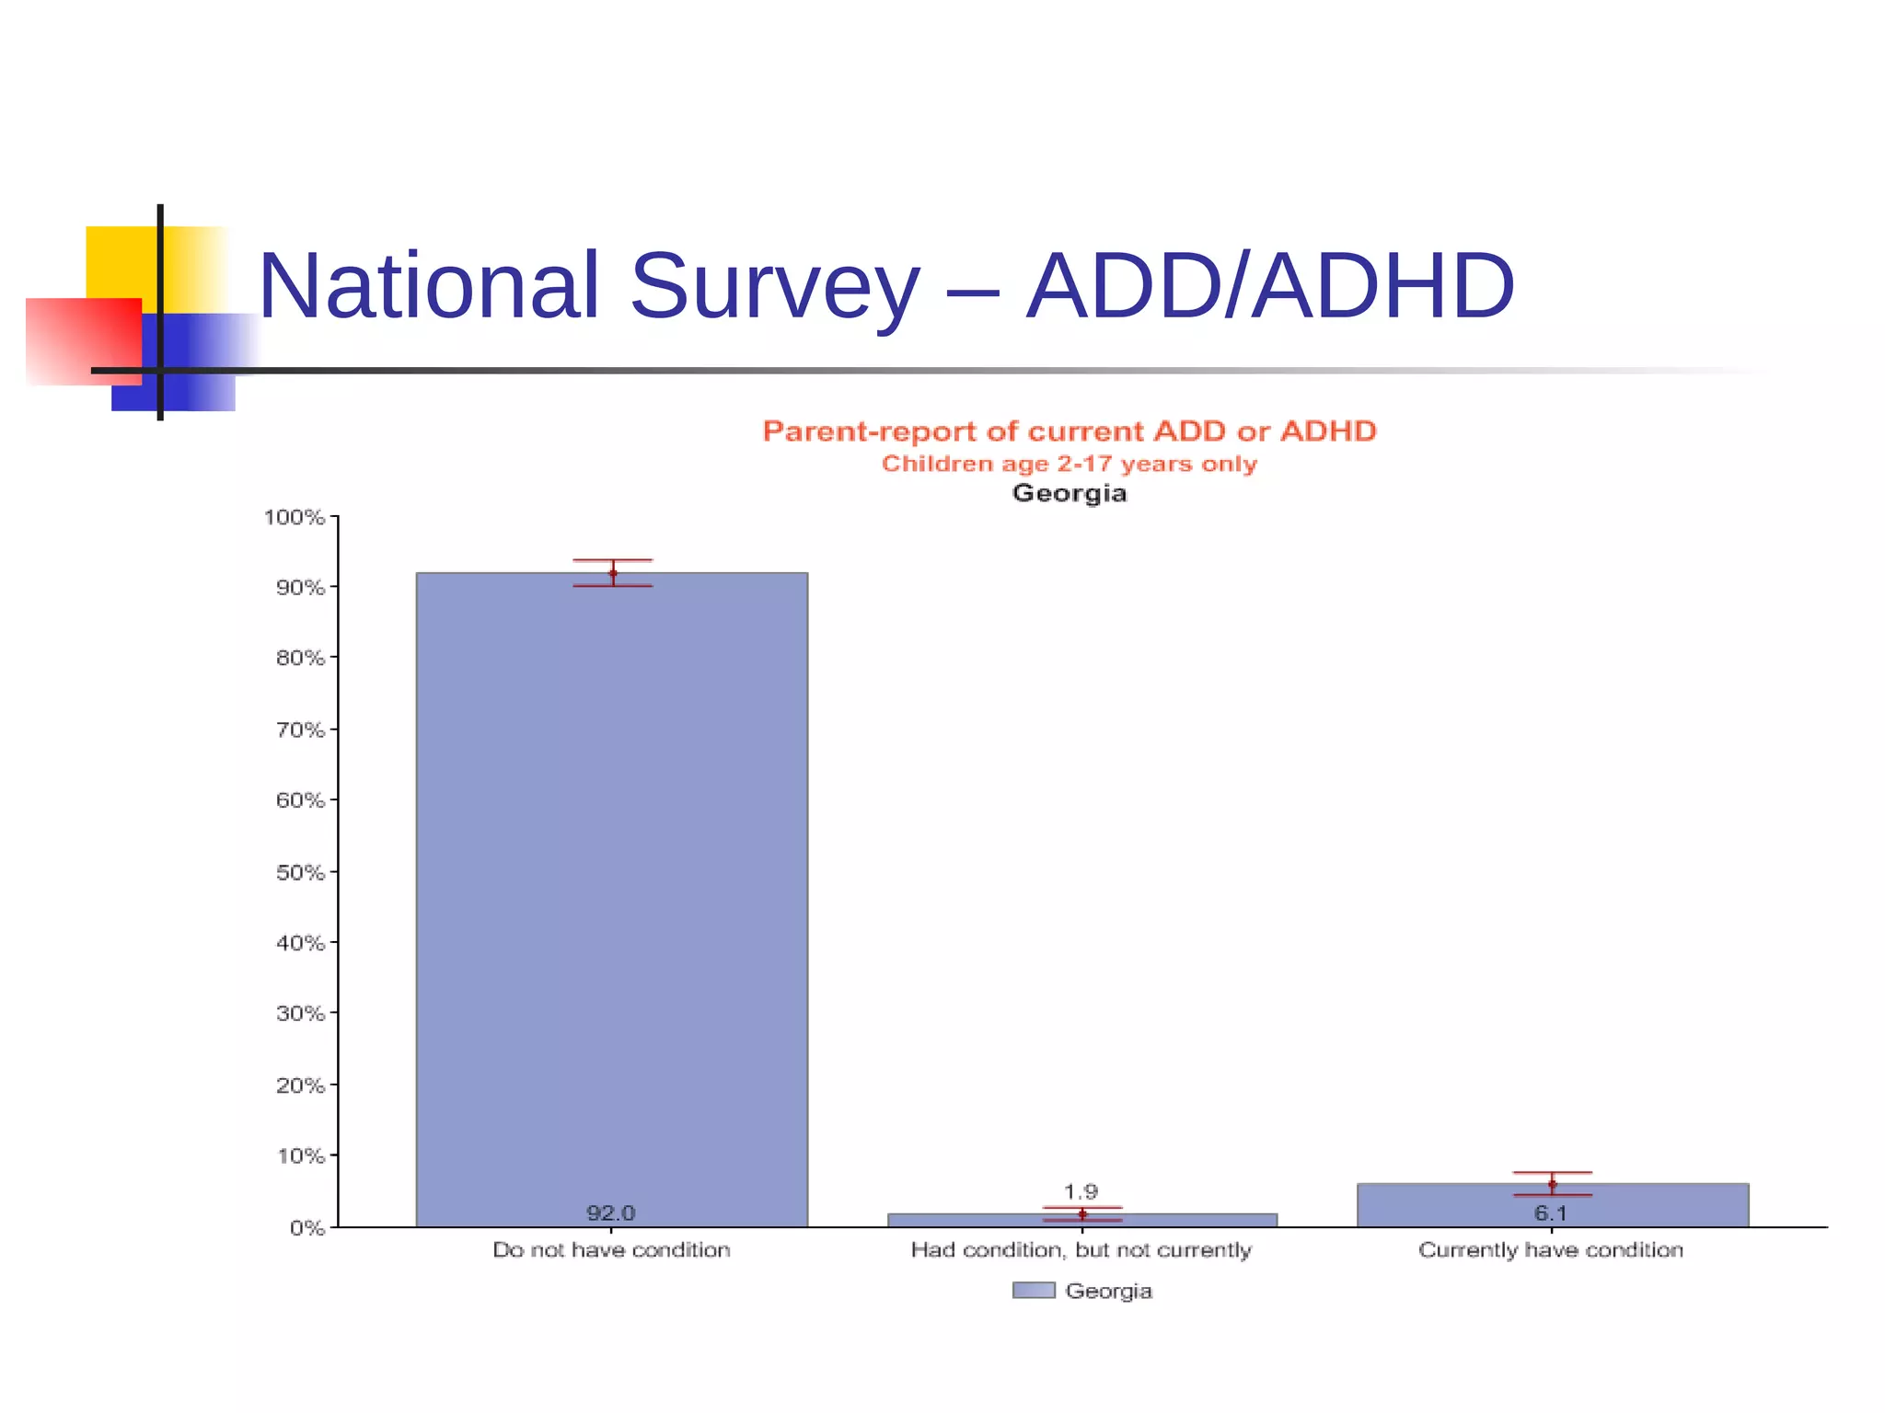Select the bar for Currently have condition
pyautogui.click(x=1552, y=1205)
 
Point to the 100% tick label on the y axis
pyautogui.click(x=295, y=518)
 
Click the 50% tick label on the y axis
pyautogui.click(x=300, y=872)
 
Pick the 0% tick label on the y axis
pyautogui.click(x=306, y=1228)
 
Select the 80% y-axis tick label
pyautogui.click(x=300, y=659)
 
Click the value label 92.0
pyautogui.click(x=611, y=1213)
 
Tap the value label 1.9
pyautogui.click(x=1081, y=1192)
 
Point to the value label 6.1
pyautogui.click(x=1551, y=1213)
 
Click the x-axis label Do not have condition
pyautogui.click(x=611, y=1250)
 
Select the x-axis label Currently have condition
pyautogui.click(x=1551, y=1250)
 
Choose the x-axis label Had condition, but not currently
pyautogui.click(x=1081, y=1250)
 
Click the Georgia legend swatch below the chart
pyautogui.click(x=1034, y=1291)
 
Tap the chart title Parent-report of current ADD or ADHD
pyautogui.click(x=1070, y=431)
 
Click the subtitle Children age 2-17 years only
pyautogui.click(x=1070, y=464)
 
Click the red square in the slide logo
pyautogui.click(x=83, y=340)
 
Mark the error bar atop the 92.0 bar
pyautogui.click(x=613, y=572)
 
